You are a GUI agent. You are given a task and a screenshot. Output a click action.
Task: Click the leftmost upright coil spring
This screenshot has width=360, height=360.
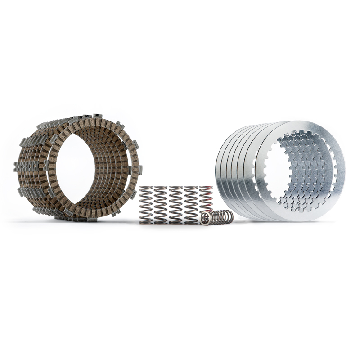[146, 205]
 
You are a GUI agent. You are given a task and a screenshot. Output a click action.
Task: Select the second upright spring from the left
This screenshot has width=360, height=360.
[161, 205]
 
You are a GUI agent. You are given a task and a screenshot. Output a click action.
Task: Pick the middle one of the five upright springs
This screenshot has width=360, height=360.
[175, 205]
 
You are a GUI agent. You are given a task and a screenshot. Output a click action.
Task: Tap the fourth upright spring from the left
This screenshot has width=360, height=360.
[190, 205]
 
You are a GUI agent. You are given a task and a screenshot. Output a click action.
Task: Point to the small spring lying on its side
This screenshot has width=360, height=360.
[217, 217]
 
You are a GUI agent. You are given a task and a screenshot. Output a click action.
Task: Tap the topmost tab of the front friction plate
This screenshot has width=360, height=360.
[96, 117]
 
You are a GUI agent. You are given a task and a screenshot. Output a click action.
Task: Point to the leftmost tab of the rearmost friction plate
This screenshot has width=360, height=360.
[17, 167]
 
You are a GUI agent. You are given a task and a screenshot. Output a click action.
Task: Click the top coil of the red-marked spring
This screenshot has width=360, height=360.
[206, 188]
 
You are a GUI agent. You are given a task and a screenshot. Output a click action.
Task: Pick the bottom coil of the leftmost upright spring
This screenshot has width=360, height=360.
[146, 221]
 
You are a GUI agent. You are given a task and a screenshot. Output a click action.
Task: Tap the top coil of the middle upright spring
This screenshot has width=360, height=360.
[175, 188]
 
